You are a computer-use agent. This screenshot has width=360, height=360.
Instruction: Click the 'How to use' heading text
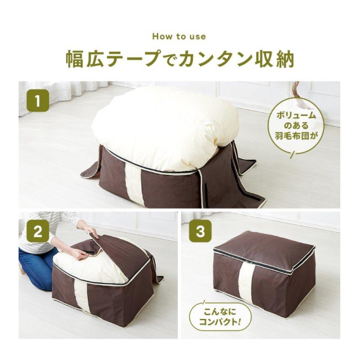click(179, 37)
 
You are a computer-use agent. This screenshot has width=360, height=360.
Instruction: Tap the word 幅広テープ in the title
click(112, 59)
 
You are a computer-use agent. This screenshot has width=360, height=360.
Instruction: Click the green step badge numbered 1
click(38, 101)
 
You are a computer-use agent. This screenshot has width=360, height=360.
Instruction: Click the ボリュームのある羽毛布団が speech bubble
click(296, 126)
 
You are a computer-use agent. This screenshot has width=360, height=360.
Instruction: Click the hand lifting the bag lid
click(91, 231)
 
